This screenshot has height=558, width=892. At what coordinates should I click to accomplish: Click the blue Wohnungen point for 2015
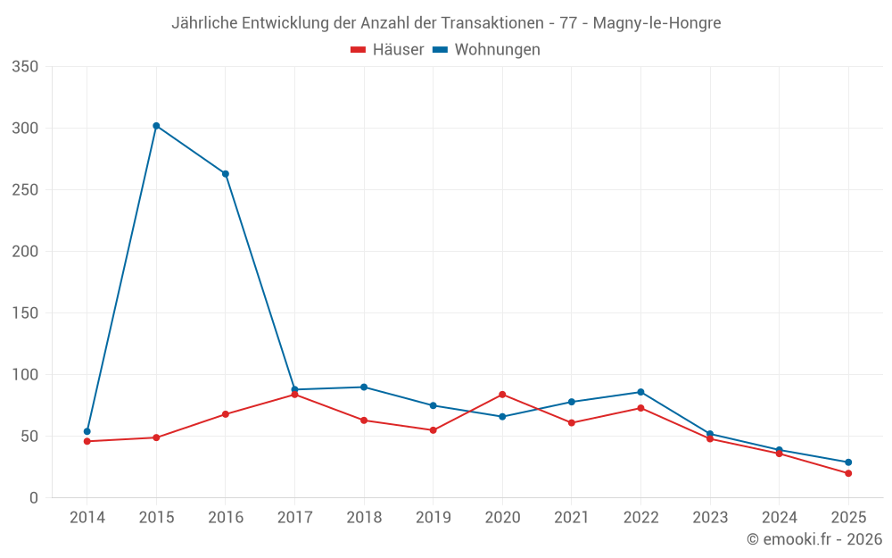point(156,126)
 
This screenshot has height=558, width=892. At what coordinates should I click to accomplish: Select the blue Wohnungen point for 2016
point(226,174)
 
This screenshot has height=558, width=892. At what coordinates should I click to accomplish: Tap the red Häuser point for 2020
point(502,395)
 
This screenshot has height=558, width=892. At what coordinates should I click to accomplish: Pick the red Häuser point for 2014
point(87,441)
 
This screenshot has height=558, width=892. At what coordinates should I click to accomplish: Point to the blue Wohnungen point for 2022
point(640,392)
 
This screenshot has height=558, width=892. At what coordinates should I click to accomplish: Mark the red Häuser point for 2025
point(848,473)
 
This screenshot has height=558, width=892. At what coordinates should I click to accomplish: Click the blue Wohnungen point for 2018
point(364,387)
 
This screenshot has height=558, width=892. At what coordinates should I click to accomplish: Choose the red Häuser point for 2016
point(226,414)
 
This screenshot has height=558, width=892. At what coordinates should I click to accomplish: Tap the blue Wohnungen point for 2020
point(502,417)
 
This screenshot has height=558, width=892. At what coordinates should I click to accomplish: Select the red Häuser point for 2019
point(433,430)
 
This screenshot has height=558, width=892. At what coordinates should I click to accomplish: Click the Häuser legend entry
point(388,50)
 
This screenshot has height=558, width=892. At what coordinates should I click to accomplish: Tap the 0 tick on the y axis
point(33,498)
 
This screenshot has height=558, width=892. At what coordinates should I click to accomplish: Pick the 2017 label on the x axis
point(294,518)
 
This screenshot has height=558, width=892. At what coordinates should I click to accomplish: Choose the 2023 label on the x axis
point(710,518)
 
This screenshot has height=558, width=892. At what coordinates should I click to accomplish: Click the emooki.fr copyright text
point(814,539)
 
